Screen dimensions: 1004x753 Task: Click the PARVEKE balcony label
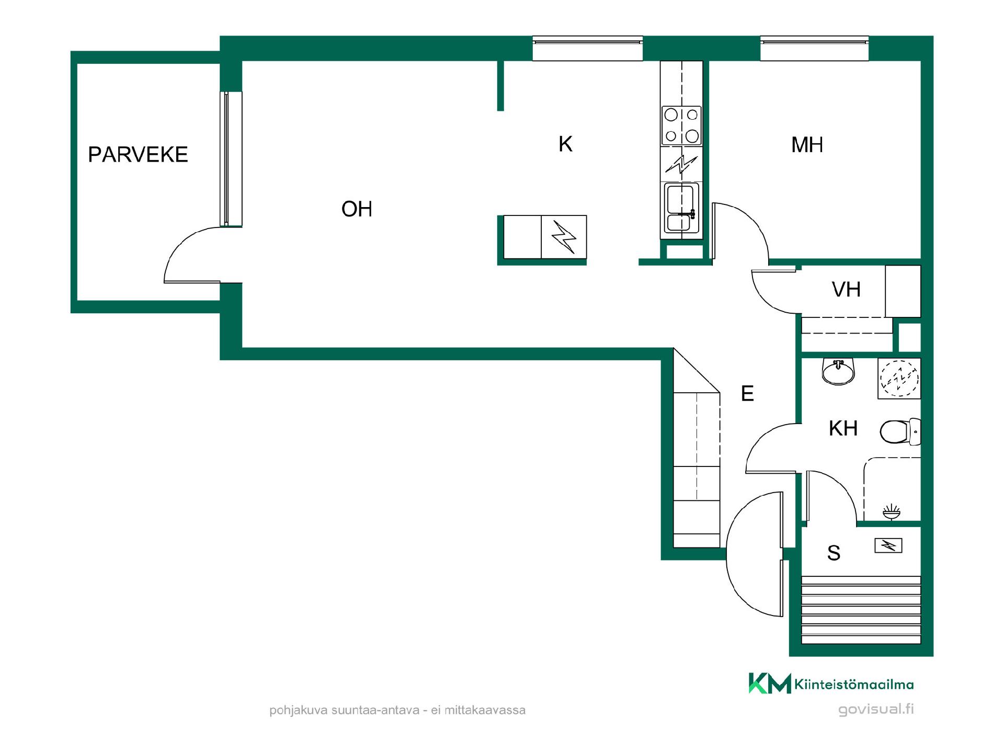point(138,154)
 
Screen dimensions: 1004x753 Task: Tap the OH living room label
point(357,209)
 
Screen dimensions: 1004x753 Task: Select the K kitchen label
point(565,144)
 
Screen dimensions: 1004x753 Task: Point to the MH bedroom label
point(807,145)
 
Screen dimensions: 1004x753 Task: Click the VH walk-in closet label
point(846,289)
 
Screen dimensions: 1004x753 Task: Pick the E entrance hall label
point(747,393)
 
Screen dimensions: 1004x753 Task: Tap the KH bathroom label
point(843,428)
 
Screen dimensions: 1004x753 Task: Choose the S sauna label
point(834,553)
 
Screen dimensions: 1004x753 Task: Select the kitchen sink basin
point(681,208)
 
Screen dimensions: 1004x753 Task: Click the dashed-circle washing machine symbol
point(899,378)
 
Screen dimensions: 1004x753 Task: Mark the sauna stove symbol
point(888,546)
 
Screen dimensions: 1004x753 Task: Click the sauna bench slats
point(861,610)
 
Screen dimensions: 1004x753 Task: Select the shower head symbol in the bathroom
point(892,511)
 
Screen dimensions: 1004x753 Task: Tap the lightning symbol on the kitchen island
point(564,237)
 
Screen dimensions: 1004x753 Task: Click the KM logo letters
point(770,683)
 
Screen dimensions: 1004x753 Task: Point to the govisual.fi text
point(876,710)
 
